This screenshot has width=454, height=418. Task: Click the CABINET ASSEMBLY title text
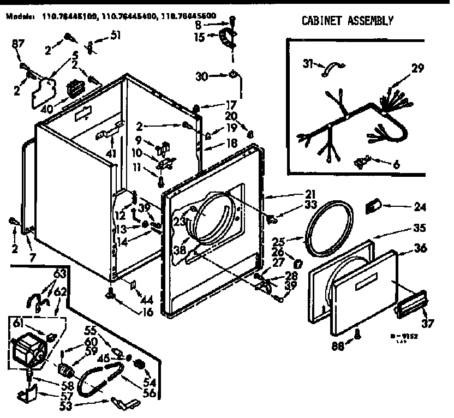tap(347, 21)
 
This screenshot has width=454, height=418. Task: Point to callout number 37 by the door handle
tap(428, 324)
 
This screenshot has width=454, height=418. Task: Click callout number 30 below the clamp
tap(201, 76)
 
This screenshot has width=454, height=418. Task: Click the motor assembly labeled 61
tap(28, 349)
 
